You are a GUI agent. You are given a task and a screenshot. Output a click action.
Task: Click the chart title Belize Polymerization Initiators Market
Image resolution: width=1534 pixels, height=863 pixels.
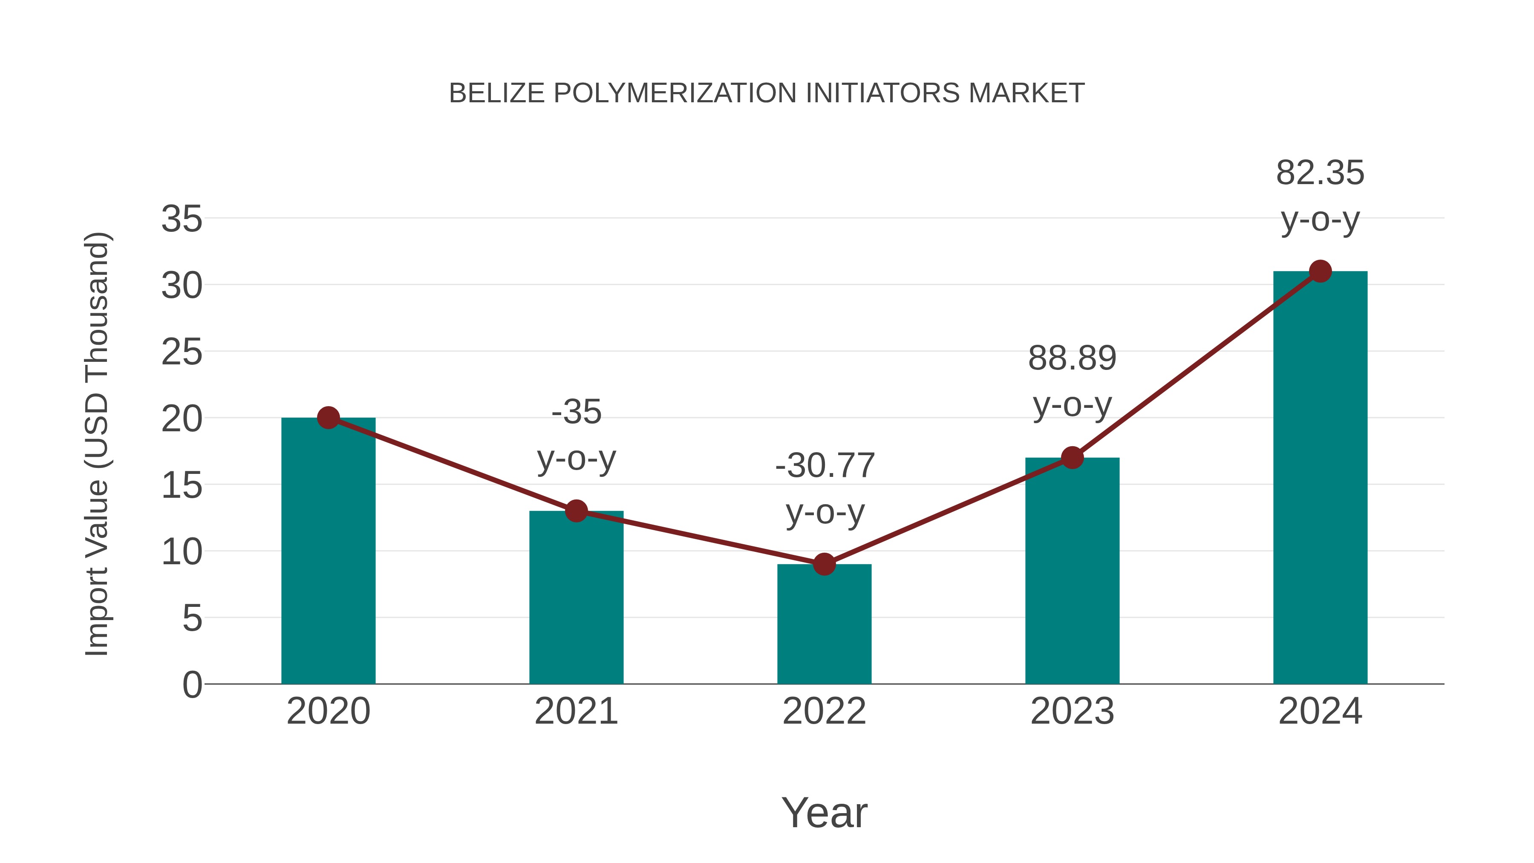[x=767, y=93]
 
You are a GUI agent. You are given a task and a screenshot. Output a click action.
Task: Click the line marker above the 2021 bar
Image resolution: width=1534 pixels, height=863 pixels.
[x=577, y=511]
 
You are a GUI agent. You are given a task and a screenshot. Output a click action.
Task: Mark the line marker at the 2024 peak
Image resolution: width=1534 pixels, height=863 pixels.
[x=1320, y=271]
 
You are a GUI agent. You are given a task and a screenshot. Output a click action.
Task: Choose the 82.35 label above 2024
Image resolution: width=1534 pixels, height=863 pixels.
[x=1320, y=173]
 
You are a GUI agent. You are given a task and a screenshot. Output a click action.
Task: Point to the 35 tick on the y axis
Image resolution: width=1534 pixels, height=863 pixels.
[x=182, y=219]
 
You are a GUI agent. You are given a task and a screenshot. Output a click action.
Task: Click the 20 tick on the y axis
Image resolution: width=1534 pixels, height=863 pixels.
[x=182, y=419]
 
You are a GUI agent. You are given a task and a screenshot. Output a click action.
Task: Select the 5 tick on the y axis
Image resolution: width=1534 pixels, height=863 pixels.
[x=192, y=619]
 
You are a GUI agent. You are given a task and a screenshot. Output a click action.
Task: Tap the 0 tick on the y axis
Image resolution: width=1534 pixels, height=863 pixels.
[x=192, y=685]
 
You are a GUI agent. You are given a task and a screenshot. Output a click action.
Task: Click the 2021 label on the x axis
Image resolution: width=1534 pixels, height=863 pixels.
[x=577, y=711]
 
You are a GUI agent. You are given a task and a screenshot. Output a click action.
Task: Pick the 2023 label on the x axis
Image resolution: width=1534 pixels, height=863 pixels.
[x=1072, y=711]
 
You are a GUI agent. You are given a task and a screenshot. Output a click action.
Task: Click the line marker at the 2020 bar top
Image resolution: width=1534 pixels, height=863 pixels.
[x=328, y=418]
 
